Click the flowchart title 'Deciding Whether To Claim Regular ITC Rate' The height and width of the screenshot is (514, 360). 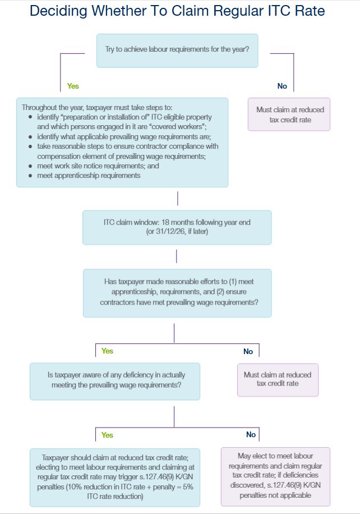[177, 11]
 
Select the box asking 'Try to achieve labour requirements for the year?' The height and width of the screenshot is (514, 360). [177, 51]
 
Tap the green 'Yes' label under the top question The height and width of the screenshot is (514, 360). [73, 86]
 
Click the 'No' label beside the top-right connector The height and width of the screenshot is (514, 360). [282, 86]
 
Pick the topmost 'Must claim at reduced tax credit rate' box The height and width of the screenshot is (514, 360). [289, 114]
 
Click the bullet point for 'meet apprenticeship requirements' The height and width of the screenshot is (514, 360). [30, 176]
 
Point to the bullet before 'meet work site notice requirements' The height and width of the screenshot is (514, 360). [30, 166]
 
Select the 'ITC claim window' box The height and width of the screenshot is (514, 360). [177, 227]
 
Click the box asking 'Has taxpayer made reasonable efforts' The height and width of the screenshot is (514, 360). [177, 293]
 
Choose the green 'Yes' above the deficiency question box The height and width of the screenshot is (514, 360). [107, 351]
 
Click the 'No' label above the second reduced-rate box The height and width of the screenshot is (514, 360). [248, 351]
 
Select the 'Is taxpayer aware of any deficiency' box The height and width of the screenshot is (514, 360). [115, 381]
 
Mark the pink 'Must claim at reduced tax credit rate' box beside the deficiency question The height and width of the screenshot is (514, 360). [278, 380]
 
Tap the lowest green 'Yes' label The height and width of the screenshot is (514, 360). [107, 435]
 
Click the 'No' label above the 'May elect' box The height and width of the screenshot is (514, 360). [251, 434]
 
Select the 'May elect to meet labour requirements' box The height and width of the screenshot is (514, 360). [275, 476]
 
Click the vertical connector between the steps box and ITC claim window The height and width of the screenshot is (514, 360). [178, 199]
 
